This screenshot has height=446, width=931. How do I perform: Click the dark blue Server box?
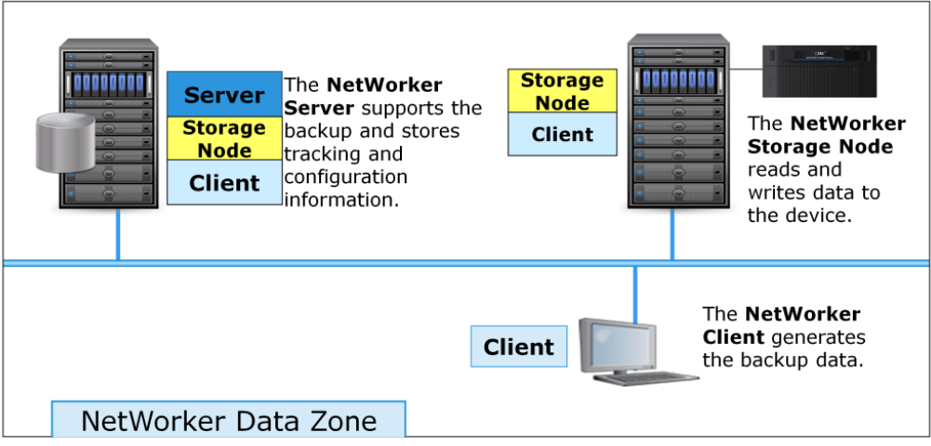pos(224,94)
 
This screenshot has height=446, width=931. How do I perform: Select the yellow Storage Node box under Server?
pos(224,138)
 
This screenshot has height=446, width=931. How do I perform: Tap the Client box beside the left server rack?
pos(224,183)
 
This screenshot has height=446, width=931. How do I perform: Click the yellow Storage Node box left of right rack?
pos(562,91)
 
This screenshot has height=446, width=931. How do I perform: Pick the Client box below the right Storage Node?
pos(562,135)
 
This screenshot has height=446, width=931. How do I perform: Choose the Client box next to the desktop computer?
pos(518,348)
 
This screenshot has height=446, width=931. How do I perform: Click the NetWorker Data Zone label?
pos(229,420)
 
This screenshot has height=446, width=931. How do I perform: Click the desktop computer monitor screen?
pos(615,343)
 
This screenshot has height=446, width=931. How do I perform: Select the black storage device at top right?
pos(819,71)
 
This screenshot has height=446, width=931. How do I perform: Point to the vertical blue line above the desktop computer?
pos(635,293)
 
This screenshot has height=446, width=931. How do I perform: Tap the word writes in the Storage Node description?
pos(776,192)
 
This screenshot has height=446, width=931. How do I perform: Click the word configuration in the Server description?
pos(345,176)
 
